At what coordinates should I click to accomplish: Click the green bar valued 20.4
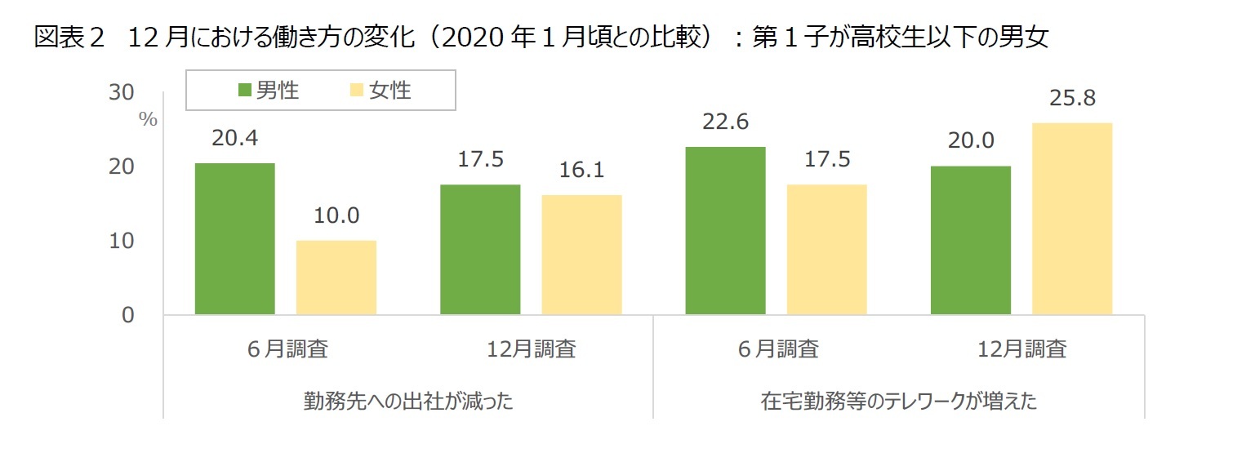[x=234, y=238]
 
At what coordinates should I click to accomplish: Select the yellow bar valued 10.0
[x=336, y=277]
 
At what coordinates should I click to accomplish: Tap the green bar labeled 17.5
[x=480, y=249]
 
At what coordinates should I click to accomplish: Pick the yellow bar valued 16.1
[x=581, y=255]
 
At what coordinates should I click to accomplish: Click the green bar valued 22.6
[x=725, y=230]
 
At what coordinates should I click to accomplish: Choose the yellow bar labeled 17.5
[x=826, y=249]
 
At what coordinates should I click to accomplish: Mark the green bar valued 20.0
[x=970, y=240]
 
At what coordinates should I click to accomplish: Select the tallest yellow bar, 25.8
[x=1072, y=219]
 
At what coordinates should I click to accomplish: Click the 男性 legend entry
[x=269, y=91]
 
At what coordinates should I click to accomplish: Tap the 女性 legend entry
[x=381, y=91]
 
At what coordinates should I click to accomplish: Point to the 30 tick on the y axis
[x=122, y=92]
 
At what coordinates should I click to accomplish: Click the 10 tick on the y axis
[x=122, y=242]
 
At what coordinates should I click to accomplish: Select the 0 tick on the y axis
[x=128, y=315]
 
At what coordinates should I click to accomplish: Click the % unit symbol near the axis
[x=147, y=119]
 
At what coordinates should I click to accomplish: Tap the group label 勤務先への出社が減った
[x=407, y=402]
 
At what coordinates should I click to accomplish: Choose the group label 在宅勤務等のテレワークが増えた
[x=898, y=402]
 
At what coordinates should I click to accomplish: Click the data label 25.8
[x=1072, y=99]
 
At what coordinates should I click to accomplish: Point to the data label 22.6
[x=725, y=122]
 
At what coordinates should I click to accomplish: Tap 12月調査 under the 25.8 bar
[x=1021, y=349]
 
